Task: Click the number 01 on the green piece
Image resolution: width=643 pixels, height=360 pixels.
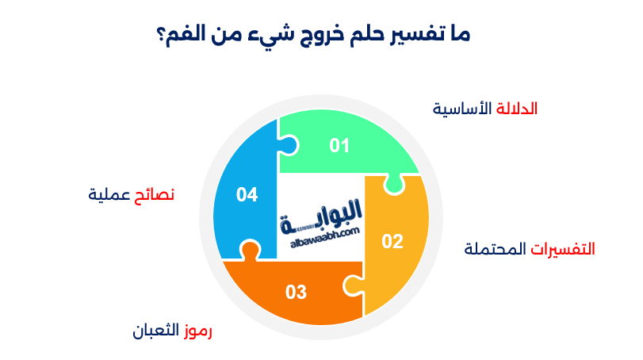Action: [x=340, y=145]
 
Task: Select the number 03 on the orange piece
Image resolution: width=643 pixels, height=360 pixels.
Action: [x=296, y=293]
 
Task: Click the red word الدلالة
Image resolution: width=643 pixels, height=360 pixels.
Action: [x=517, y=109]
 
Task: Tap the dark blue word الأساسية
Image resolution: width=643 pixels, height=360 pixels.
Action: [x=462, y=109]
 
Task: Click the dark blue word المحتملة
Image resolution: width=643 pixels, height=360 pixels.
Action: [x=496, y=248]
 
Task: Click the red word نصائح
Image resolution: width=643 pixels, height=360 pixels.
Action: [x=155, y=194]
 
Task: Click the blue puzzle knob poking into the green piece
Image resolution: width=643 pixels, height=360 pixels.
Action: [x=289, y=145]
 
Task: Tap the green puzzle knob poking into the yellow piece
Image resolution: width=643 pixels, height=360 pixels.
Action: [x=392, y=185]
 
